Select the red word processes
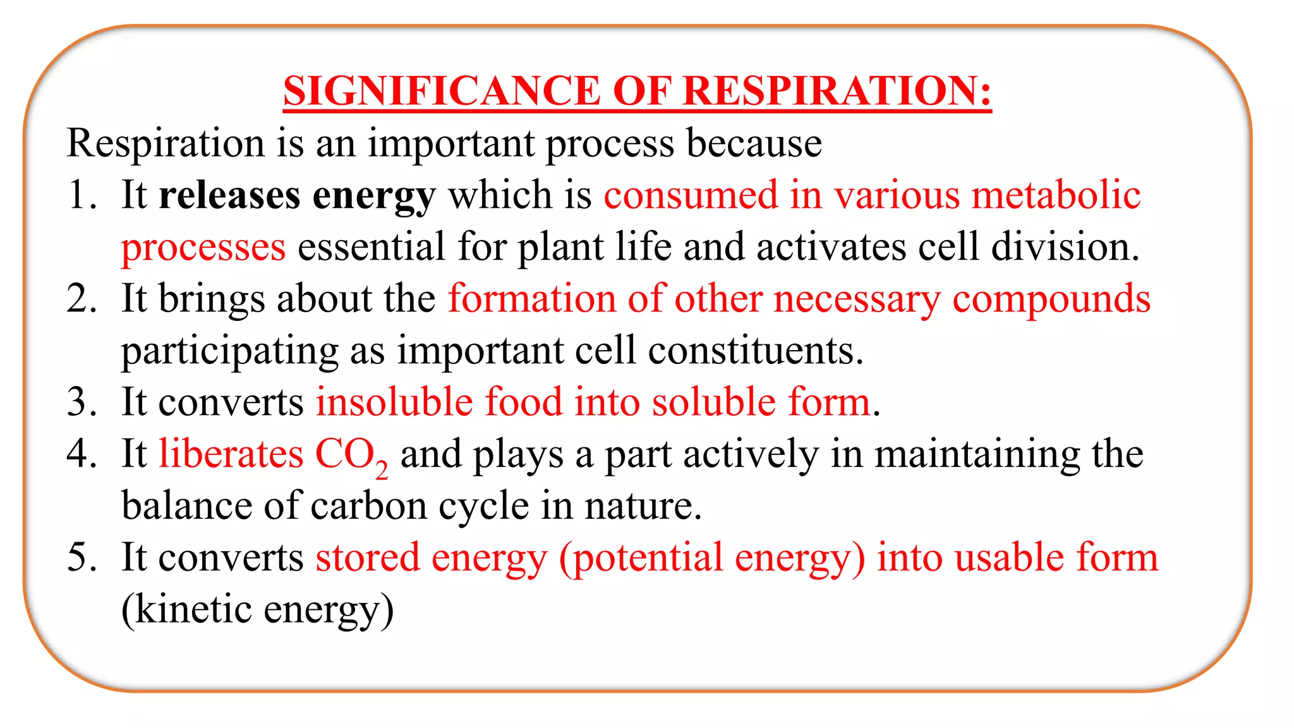click(x=203, y=248)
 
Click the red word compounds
click(x=1051, y=300)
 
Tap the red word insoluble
click(x=394, y=402)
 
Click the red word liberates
click(x=231, y=454)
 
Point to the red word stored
click(x=368, y=557)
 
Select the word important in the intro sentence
click(x=450, y=144)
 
